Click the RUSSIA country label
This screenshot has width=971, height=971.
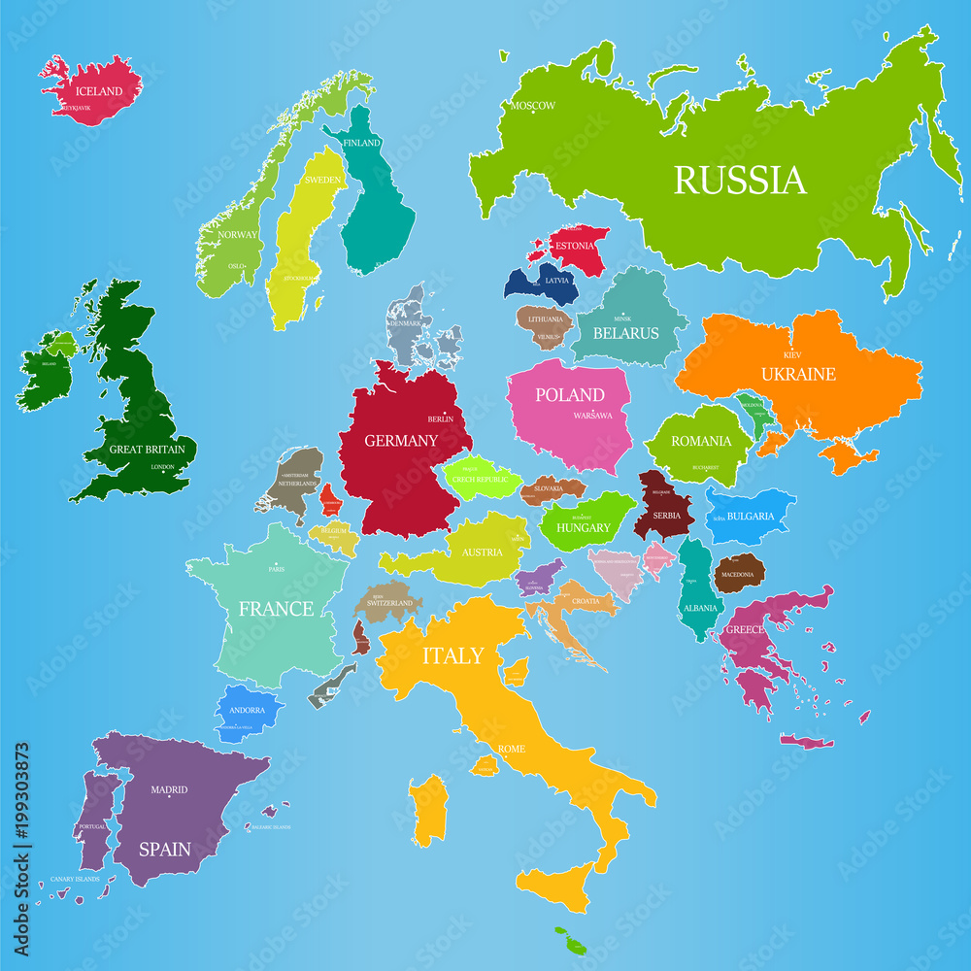point(740,181)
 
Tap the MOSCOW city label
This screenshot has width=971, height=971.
point(533,106)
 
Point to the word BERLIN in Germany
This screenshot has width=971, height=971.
point(441,419)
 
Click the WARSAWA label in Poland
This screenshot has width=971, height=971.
point(592,416)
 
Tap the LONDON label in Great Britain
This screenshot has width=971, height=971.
point(162,467)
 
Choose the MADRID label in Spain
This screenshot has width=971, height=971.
point(169,790)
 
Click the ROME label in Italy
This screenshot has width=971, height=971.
point(511,749)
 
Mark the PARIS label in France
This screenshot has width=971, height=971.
point(277,570)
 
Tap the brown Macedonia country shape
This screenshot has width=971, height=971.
point(739,574)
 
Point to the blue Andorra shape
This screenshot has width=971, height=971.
point(247,712)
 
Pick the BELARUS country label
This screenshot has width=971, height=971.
point(626,333)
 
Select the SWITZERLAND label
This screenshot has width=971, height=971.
point(389,603)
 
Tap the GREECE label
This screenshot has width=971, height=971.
point(745,630)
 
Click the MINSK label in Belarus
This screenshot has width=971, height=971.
point(622,318)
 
